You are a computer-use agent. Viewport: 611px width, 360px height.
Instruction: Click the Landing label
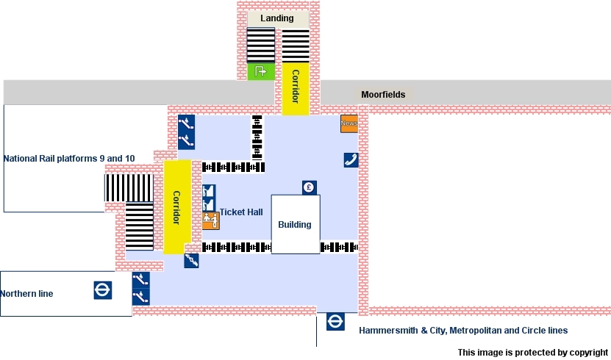pyautogui.click(x=277, y=18)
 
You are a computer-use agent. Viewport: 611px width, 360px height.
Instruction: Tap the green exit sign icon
pyautogui.click(x=260, y=71)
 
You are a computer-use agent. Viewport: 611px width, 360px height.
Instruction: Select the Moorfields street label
pyautogui.click(x=383, y=95)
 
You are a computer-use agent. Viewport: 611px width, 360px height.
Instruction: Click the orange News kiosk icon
pyautogui.click(x=349, y=123)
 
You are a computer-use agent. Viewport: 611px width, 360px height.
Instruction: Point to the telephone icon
pyautogui.click(x=351, y=160)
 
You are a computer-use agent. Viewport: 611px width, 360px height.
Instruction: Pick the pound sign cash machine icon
pyautogui.click(x=310, y=187)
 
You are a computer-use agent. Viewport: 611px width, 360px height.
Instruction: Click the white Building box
pyautogui.click(x=296, y=224)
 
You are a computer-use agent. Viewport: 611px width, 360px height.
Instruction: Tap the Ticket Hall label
pyautogui.click(x=241, y=212)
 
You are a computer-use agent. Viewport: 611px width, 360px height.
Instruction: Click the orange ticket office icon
pyautogui.click(x=210, y=220)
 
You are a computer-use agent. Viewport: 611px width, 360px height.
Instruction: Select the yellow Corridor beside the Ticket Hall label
pyautogui.click(x=176, y=208)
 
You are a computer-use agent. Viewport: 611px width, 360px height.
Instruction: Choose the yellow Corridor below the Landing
pyautogui.click(x=296, y=87)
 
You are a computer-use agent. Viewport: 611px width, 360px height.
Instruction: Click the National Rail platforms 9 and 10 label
pyautogui.click(x=69, y=159)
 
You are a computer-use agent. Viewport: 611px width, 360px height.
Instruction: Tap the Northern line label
pyautogui.click(x=27, y=294)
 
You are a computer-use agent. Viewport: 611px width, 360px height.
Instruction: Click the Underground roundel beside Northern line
pyautogui.click(x=103, y=290)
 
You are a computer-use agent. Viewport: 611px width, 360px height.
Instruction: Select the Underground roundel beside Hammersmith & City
pyautogui.click(x=336, y=322)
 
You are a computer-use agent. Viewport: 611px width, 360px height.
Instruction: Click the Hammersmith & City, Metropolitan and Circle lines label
pyautogui.click(x=463, y=331)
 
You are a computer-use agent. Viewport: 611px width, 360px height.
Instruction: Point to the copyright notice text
pyautogui.click(x=533, y=353)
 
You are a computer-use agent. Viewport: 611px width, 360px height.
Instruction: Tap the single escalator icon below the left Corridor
pyautogui.click(x=191, y=260)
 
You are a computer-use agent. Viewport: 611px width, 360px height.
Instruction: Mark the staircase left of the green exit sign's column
pyautogui.click(x=260, y=45)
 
